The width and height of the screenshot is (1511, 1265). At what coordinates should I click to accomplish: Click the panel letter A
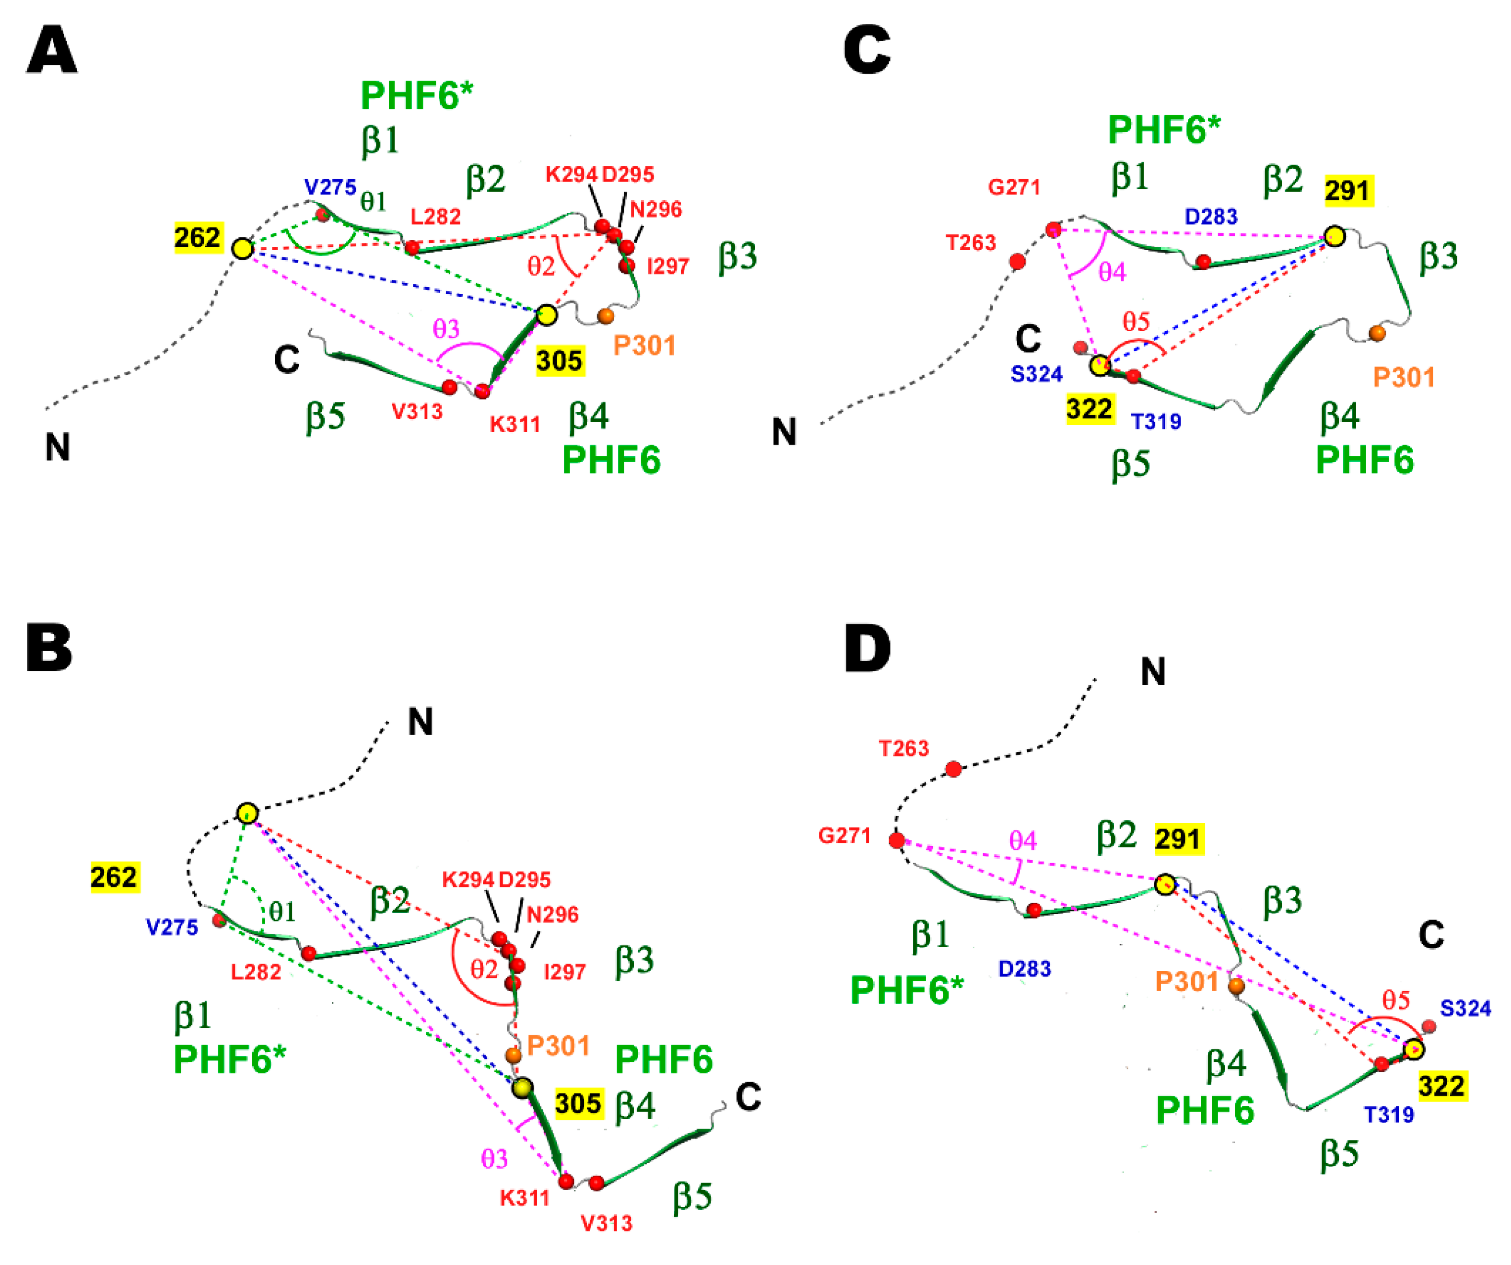point(51,50)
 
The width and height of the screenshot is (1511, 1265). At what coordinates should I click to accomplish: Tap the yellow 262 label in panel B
point(114,877)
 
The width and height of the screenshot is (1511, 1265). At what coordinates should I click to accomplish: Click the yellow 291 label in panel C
point(1347,191)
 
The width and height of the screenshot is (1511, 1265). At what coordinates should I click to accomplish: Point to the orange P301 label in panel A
point(644,346)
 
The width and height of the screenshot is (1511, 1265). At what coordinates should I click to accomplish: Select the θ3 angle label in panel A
point(446,329)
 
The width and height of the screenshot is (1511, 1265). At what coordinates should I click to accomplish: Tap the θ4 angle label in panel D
point(1022,840)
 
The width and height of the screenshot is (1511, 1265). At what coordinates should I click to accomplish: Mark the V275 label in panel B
point(172,928)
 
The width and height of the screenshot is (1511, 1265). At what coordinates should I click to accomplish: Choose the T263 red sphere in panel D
point(953,770)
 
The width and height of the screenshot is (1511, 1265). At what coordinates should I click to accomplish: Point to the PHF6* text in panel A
point(417,96)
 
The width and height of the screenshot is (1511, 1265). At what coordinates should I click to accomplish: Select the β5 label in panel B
point(692,1196)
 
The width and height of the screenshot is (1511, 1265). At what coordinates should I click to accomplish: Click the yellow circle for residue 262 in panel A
point(243,249)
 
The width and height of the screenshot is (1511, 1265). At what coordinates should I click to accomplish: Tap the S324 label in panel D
point(1465,1008)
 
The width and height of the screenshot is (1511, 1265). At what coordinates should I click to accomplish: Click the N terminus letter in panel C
point(784,432)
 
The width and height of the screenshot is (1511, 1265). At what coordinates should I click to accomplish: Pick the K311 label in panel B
point(525,1198)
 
